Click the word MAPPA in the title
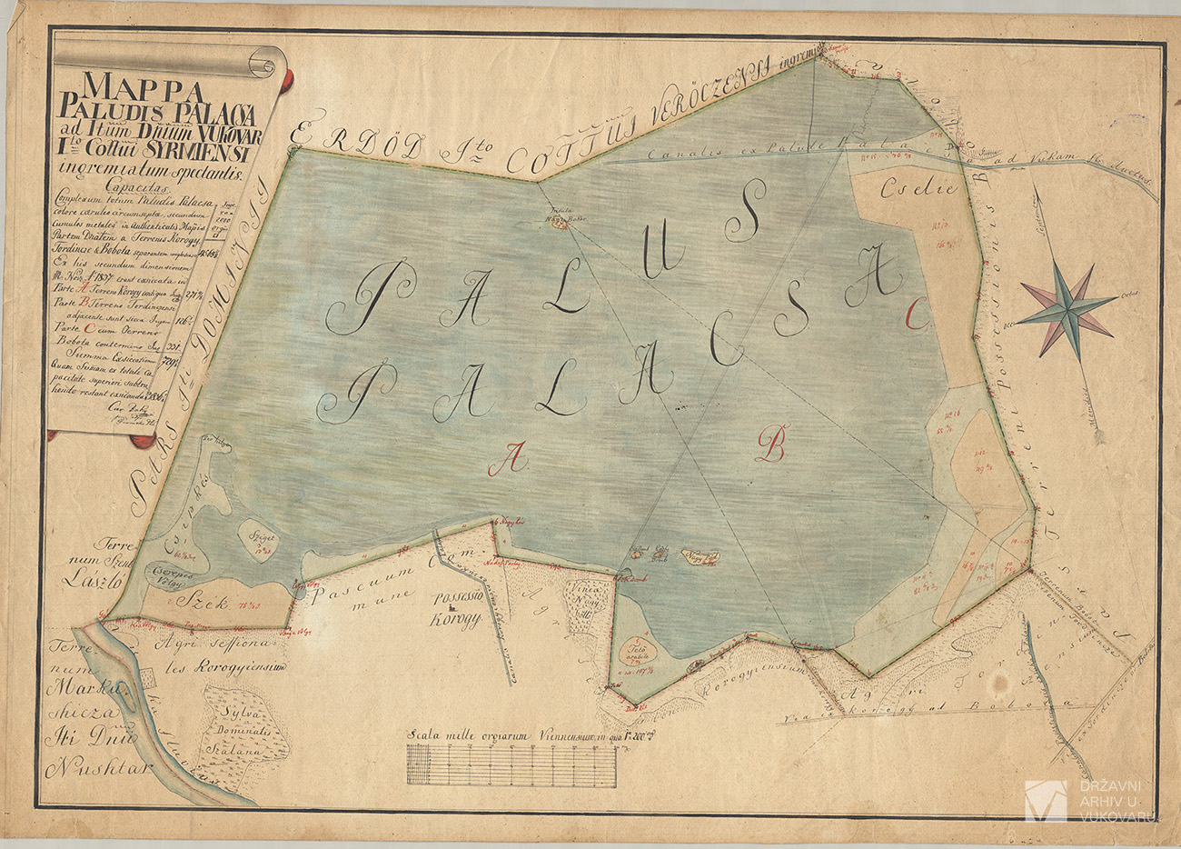pyautogui.click(x=145, y=87)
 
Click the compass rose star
pyautogui.click(x=1065, y=306)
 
